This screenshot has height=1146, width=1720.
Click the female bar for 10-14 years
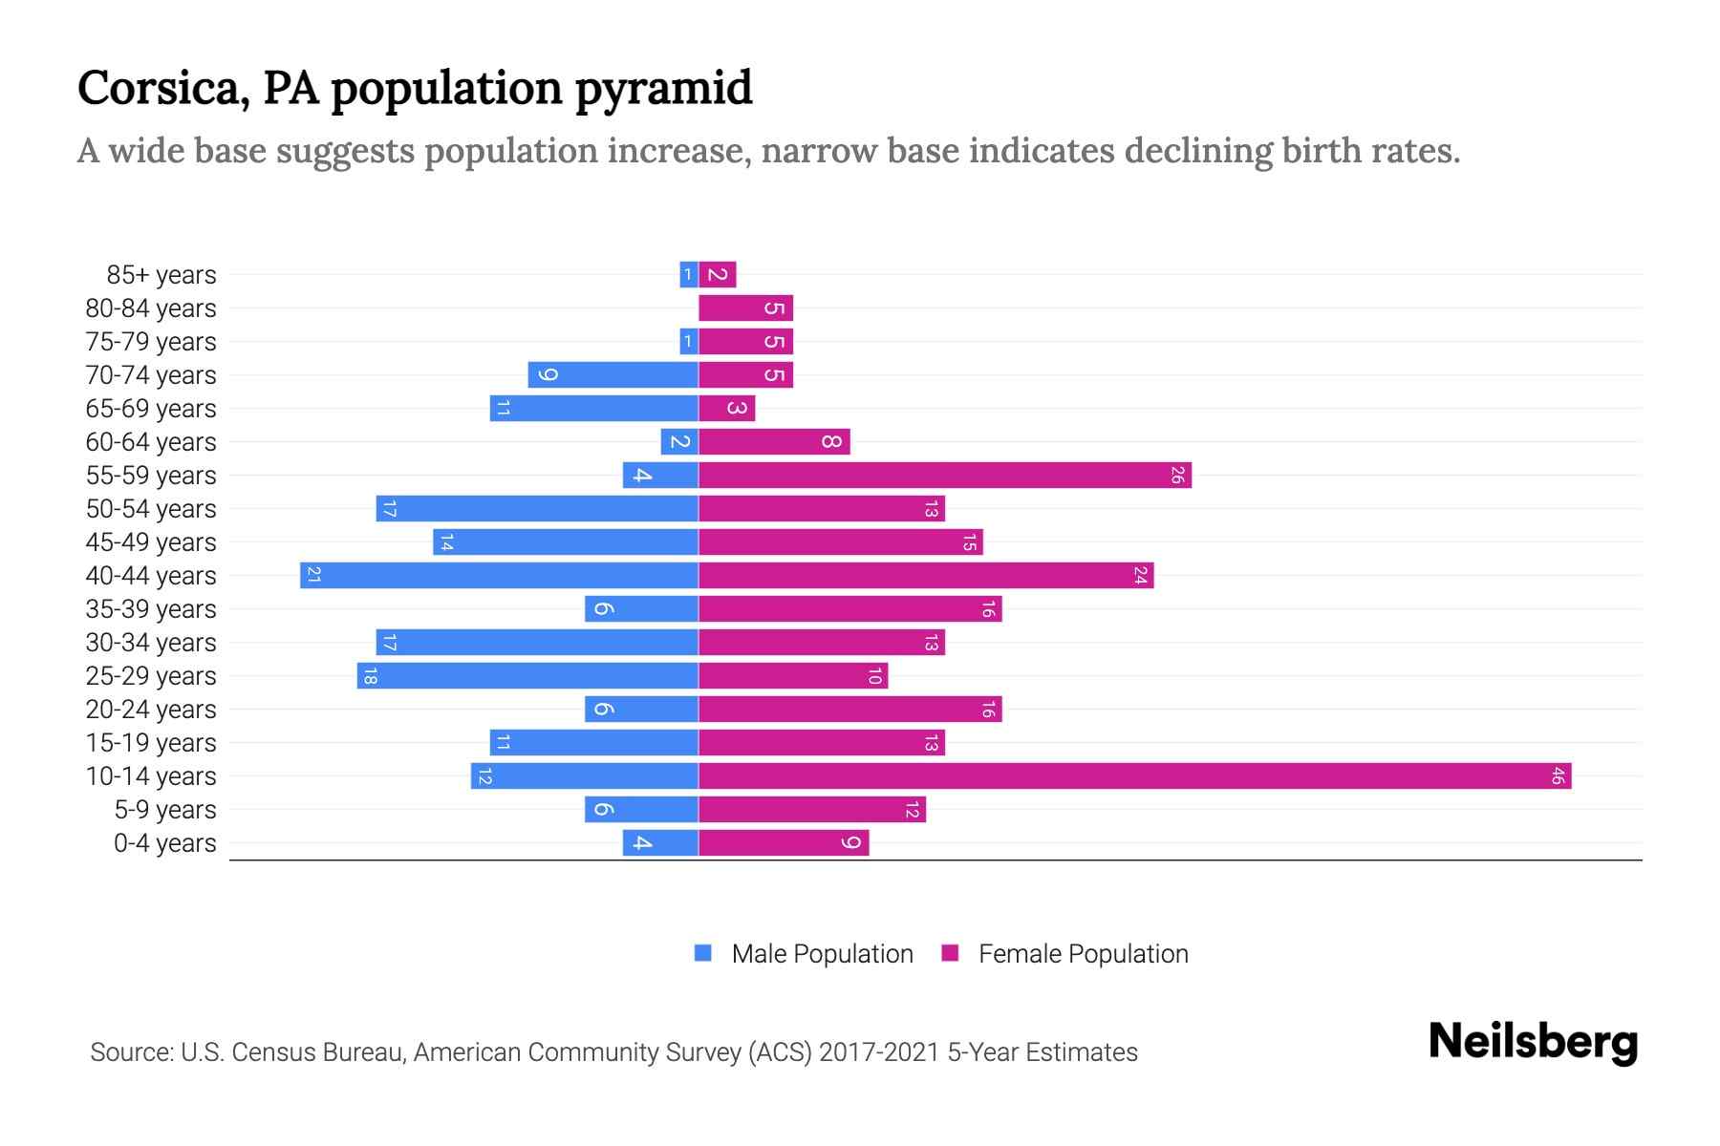(x=1134, y=775)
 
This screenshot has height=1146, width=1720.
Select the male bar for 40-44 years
(x=499, y=575)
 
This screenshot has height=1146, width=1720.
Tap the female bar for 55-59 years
(x=944, y=475)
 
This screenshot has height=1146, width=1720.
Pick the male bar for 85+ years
(x=688, y=274)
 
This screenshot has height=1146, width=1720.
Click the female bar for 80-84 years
(x=745, y=308)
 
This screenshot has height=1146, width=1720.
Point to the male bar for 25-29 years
(x=527, y=675)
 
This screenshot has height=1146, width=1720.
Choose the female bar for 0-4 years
(x=784, y=842)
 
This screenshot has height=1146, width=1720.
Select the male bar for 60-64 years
(x=679, y=441)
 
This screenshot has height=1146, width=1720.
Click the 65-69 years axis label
(x=151, y=409)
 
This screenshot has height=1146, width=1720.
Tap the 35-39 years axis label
(x=151, y=609)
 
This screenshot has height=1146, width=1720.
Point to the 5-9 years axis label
(x=165, y=810)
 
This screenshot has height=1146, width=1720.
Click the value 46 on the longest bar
(x=1557, y=775)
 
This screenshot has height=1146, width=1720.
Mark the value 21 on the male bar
(x=313, y=575)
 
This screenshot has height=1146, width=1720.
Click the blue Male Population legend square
(x=703, y=953)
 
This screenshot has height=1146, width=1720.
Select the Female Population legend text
(x=1083, y=953)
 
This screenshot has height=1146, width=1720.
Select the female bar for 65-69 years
(x=726, y=408)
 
